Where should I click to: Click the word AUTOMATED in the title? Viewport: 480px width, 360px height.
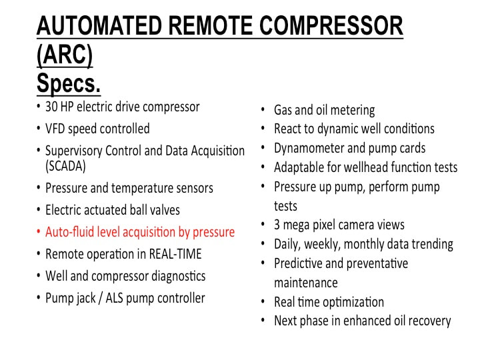[99, 25]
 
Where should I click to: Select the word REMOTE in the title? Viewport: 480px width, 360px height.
[211, 25]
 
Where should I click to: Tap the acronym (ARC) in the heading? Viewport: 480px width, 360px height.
[65, 55]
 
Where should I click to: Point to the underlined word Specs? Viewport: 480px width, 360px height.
[69, 83]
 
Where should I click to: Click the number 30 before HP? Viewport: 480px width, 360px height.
[51, 107]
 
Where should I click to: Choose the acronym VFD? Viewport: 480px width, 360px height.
[55, 129]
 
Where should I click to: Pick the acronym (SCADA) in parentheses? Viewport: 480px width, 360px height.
[65, 166]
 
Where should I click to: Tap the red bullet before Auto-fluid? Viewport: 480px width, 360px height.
[39, 232]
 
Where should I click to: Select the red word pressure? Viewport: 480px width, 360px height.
[214, 233]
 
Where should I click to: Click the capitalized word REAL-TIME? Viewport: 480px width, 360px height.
[175, 254]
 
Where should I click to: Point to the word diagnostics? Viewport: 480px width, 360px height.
[179, 276]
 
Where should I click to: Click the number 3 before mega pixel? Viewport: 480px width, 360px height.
[277, 225]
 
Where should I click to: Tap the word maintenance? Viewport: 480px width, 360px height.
[306, 283]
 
